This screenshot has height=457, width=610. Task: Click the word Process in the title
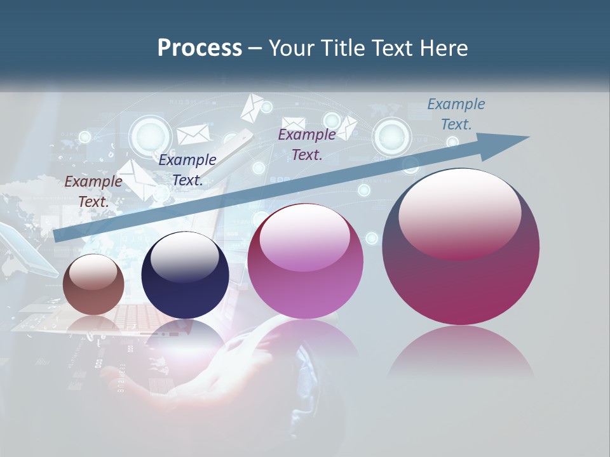[x=200, y=48]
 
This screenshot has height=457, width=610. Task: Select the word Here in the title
[x=443, y=48]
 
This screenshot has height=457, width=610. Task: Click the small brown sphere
[x=93, y=285]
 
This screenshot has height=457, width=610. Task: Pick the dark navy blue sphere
[x=185, y=276]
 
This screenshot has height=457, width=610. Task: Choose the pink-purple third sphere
[x=305, y=262]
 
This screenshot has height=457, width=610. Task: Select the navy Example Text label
[x=187, y=170]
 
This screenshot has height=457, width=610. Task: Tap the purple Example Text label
[x=306, y=145]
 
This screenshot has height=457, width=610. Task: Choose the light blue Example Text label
[x=456, y=114]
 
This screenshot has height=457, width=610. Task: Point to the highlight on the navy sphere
[x=184, y=257]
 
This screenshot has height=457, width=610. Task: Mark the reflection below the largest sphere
[x=461, y=352]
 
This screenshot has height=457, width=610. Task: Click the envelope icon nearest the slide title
[x=252, y=107]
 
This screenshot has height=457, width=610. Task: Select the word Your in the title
[x=294, y=48]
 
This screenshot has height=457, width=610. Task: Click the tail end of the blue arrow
[x=57, y=236]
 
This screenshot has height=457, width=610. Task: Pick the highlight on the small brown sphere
[x=93, y=272]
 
